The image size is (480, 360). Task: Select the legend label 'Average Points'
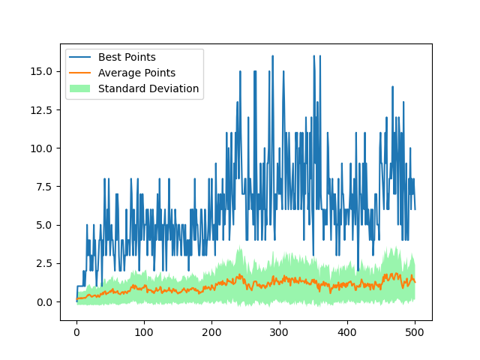coord(136,73)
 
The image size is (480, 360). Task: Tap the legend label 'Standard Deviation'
coord(148,88)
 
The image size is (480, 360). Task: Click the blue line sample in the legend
coord(81,57)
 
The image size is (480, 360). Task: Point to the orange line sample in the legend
coord(81,73)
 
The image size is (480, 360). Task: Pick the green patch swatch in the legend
coord(81,88)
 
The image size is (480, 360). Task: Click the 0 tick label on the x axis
coord(76,331)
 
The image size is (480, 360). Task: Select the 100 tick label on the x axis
coord(144,331)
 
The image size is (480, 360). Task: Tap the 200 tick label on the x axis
coord(212,331)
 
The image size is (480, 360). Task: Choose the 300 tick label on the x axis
coord(280,331)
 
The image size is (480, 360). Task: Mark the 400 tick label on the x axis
coord(347,331)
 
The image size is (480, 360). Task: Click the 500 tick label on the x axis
coord(415,331)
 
